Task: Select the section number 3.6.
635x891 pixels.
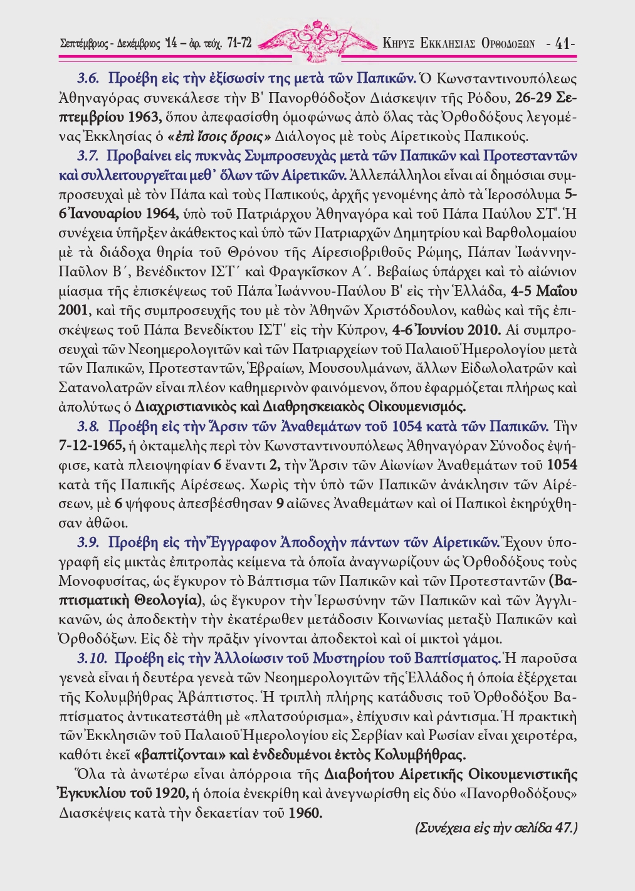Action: [x=89, y=79]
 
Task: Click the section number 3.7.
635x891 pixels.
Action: [x=89, y=155]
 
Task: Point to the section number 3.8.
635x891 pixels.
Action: [x=89, y=427]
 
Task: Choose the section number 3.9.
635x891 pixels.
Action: [x=89, y=542]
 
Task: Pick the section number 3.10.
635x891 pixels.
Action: [x=92, y=659]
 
